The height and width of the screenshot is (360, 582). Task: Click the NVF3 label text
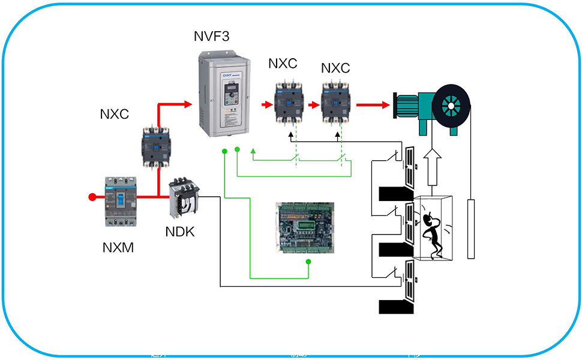click(x=212, y=38)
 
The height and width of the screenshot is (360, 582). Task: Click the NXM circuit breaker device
click(x=122, y=202)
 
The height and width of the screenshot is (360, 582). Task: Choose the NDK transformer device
click(x=182, y=198)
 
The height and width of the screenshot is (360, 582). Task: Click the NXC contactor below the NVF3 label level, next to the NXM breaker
click(x=157, y=146)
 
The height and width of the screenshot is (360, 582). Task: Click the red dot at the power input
click(x=92, y=196)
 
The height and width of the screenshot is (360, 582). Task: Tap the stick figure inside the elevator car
click(x=433, y=232)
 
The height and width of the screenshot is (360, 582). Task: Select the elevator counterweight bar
click(x=470, y=228)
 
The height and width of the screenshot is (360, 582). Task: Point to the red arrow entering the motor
click(x=372, y=104)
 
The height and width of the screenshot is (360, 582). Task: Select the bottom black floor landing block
click(x=397, y=306)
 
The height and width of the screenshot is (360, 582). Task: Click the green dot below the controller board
click(x=308, y=262)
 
